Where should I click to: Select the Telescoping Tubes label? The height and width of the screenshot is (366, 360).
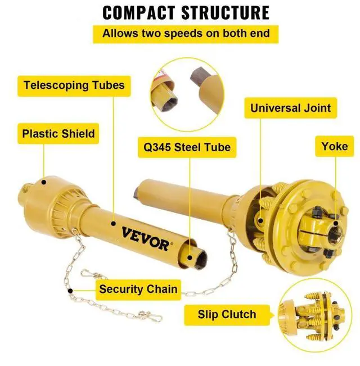[74, 86]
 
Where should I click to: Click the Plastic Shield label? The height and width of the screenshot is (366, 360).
[58, 134]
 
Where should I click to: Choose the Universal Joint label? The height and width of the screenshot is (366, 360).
[291, 107]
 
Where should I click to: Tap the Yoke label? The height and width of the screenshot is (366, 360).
[334, 147]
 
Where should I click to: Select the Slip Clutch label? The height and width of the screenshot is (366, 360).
[227, 314]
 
